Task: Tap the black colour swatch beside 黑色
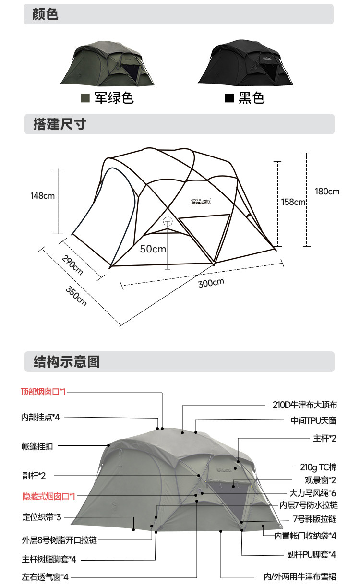(x=230, y=98)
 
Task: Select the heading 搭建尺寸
(x=59, y=124)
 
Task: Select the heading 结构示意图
(x=66, y=361)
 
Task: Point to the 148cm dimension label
(x=42, y=196)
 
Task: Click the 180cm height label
(x=327, y=192)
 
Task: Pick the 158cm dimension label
(x=293, y=202)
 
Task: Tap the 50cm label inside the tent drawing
(x=153, y=249)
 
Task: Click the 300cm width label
(x=211, y=283)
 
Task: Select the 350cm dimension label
(x=77, y=296)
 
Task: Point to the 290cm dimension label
(x=72, y=265)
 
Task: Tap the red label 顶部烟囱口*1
(x=43, y=392)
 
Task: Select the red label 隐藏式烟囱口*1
(x=49, y=496)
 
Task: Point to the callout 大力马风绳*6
(x=312, y=493)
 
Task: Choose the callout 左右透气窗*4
(x=45, y=577)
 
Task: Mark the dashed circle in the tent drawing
(x=168, y=222)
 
